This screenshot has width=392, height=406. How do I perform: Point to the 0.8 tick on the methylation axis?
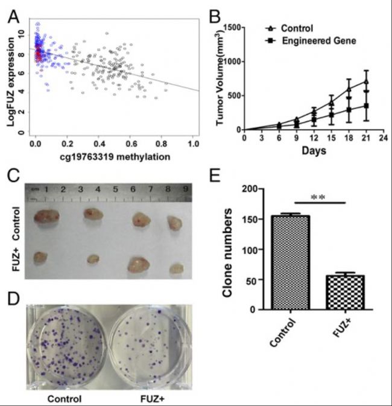pyautogui.click(x=161, y=145)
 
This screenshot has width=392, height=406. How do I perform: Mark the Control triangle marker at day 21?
pyautogui.click(x=366, y=81)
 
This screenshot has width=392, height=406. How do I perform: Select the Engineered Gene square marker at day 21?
pyautogui.click(x=366, y=106)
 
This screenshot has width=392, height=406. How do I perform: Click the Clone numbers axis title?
pyautogui.click(x=229, y=249)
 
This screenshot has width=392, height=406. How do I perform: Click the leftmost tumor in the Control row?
pyautogui.click(x=47, y=216)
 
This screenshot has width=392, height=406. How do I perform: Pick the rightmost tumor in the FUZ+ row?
pyautogui.click(x=176, y=267)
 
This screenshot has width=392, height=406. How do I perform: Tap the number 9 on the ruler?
pyautogui.click(x=186, y=191)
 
